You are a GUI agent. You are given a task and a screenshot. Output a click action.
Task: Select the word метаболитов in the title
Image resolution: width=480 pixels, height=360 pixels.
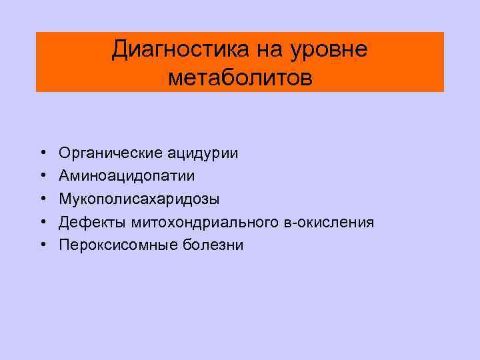tap(240, 78)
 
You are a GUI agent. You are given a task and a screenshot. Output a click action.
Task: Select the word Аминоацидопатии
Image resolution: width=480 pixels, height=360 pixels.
tap(127, 176)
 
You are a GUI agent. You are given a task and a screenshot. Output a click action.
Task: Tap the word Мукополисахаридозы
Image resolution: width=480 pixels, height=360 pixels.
tap(138, 199)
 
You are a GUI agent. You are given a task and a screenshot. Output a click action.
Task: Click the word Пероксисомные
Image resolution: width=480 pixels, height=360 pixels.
tap(117, 245)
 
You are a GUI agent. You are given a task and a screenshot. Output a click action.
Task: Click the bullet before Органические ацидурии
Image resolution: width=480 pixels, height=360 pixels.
tap(42, 154)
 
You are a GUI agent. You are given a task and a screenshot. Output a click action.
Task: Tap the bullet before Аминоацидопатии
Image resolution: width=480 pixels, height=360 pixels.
tap(42, 177)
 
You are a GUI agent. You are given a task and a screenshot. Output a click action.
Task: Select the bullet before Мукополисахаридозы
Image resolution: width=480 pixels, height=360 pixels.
tap(42, 199)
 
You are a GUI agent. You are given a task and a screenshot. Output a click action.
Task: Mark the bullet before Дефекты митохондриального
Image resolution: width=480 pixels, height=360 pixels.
tap(42, 222)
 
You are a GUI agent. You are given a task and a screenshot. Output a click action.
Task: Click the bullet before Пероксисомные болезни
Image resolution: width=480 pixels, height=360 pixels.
tap(42, 245)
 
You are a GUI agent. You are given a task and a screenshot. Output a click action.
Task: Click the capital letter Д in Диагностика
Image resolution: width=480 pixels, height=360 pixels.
tap(121, 49)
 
